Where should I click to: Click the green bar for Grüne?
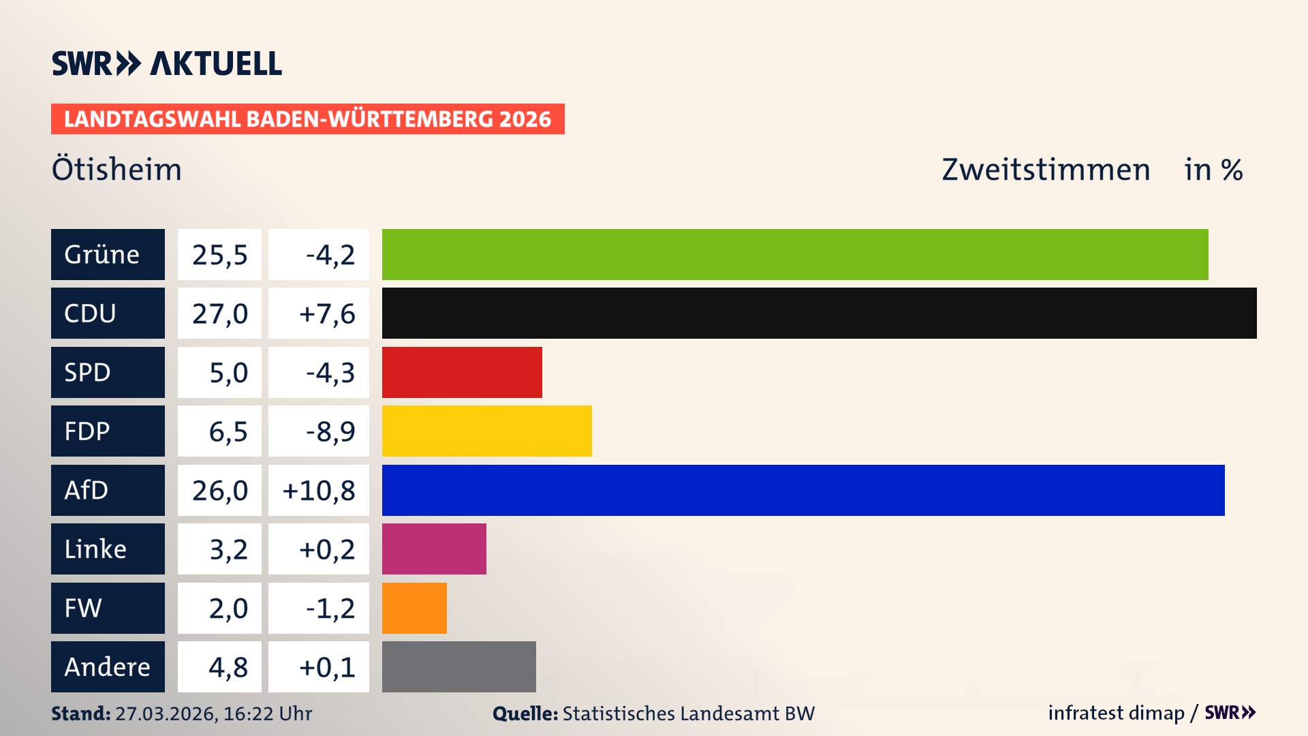tap(794, 254)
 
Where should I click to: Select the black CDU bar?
tap(819, 313)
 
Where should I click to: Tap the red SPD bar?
tap(462, 372)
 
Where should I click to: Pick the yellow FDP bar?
tap(486, 431)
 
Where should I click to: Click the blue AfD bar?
tap(803, 490)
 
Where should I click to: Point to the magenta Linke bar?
tap(434, 549)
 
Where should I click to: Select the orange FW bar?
tap(414, 608)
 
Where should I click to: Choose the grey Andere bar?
tap(458, 666)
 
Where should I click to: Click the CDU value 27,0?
tap(219, 313)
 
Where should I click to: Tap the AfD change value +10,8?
tap(319, 491)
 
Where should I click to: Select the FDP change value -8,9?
tap(330, 431)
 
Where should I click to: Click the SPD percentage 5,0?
tap(228, 373)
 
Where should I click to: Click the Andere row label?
tap(108, 666)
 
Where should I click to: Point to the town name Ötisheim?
tap(116, 169)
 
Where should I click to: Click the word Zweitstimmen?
tap(1045, 170)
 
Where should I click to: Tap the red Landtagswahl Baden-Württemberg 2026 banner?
tap(307, 119)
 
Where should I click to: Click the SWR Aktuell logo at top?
tap(166, 63)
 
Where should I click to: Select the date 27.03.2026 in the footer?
tap(166, 714)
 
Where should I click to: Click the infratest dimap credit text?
tap(1116, 713)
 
